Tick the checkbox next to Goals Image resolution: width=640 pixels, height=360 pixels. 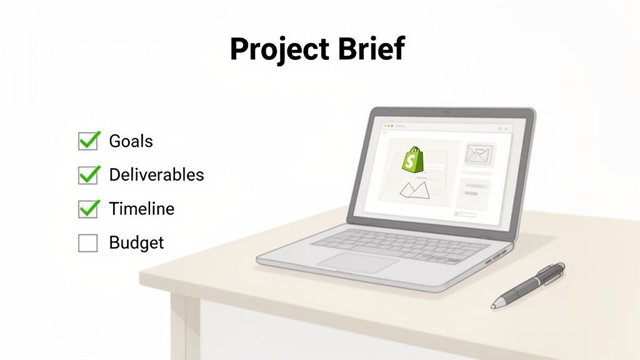88,141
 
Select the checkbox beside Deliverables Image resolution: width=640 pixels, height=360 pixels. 88,175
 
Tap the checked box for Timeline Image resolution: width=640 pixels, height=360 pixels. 88,209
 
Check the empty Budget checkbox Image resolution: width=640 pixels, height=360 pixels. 88,242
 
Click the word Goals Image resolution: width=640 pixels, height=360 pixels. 131,141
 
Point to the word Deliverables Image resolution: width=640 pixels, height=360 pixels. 156,175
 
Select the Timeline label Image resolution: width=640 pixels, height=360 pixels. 141,209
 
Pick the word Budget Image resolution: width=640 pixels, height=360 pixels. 136,242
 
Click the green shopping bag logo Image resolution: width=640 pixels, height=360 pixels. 412,160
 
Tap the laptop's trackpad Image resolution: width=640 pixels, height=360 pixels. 357,261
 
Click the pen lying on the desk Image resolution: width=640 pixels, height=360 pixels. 529,285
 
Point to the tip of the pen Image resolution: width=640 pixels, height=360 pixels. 494,306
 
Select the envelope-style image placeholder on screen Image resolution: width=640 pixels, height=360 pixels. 479,154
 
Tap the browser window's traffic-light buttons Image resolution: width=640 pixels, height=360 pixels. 386,127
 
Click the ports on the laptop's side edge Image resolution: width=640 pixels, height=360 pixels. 497,257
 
